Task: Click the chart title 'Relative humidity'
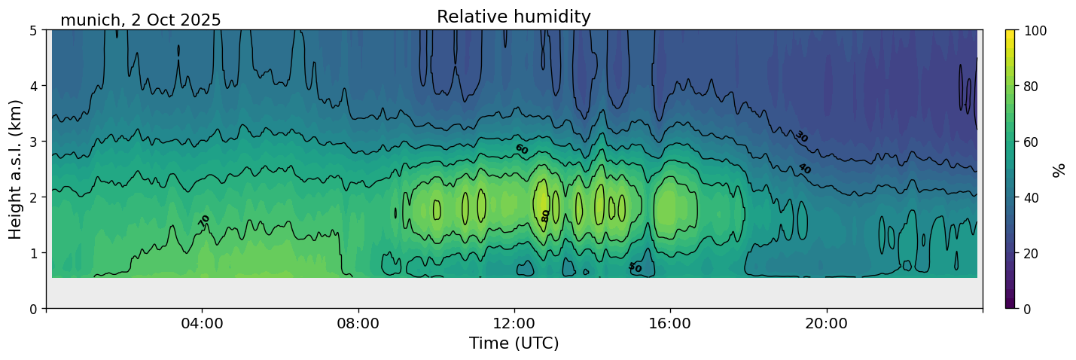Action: click(x=514, y=17)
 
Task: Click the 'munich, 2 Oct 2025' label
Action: click(x=141, y=20)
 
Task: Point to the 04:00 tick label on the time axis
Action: click(x=203, y=323)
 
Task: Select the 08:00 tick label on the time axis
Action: click(x=358, y=323)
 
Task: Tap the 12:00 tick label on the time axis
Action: click(x=514, y=323)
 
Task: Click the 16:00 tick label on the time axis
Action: click(x=670, y=323)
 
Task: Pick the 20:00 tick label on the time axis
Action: click(x=827, y=323)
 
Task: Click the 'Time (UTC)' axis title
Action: click(x=514, y=343)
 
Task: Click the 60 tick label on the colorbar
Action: click(x=1033, y=142)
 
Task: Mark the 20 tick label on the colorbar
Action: click(x=1033, y=253)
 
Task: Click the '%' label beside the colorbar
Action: click(x=1060, y=169)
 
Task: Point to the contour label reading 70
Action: click(x=204, y=221)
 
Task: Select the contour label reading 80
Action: click(x=545, y=215)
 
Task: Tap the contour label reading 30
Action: click(x=801, y=136)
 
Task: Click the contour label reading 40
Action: click(x=804, y=169)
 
